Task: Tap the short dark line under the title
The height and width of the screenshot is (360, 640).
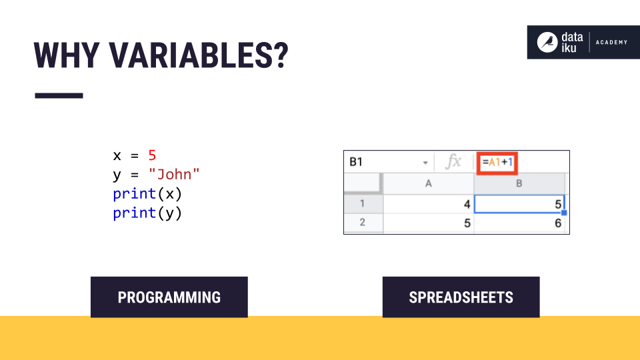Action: (x=59, y=96)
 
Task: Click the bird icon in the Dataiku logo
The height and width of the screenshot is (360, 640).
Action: (x=547, y=42)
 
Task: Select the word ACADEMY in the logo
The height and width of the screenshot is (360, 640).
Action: (x=611, y=43)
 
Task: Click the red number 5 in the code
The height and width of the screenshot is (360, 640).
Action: (x=152, y=155)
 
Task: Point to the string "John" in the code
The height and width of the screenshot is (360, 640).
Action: (x=174, y=175)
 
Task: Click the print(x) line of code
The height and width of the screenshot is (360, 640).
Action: (x=147, y=194)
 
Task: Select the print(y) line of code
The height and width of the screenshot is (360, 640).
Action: (x=147, y=213)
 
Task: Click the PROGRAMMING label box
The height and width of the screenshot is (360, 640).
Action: (x=169, y=297)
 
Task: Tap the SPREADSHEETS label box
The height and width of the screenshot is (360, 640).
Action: (x=461, y=297)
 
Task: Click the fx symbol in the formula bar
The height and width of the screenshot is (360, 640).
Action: (x=453, y=162)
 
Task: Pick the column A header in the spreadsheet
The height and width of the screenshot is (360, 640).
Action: (x=429, y=183)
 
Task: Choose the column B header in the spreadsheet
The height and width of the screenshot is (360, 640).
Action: (x=519, y=183)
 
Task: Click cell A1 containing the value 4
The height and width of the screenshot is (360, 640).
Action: (x=429, y=204)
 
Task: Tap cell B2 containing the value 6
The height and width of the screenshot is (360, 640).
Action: (x=520, y=223)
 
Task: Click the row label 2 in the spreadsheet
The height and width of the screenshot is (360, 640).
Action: (x=363, y=223)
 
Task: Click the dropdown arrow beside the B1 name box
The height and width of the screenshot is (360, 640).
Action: (x=425, y=163)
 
